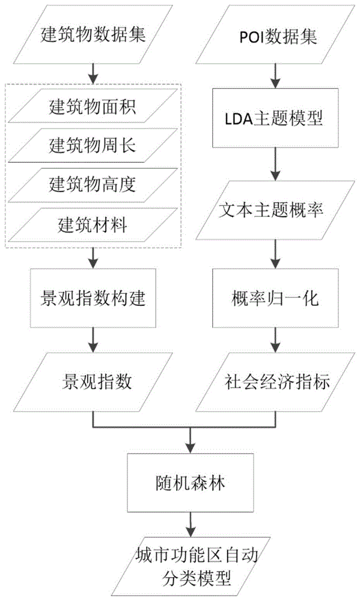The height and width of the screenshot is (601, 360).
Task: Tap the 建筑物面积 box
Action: coord(93,106)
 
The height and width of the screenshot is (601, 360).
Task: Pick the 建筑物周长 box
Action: coord(93,145)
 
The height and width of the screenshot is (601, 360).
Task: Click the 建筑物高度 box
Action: coord(93,185)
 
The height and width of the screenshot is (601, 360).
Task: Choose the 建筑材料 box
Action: coord(93,225)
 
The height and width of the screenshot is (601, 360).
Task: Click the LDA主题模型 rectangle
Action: coord(275,118)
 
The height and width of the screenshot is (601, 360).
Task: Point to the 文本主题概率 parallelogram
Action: coord(275,210)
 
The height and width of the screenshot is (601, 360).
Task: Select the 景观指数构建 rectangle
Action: coord(93,298)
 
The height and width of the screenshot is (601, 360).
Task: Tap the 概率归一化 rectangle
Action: coord(275,298)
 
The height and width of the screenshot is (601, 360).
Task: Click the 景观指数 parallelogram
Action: coord(93,382)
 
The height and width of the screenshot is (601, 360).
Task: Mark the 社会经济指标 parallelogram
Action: coord(275,382)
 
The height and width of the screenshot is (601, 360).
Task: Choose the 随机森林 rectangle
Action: coord(191,483)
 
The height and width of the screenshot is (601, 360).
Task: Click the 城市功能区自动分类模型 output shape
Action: coord(191,567)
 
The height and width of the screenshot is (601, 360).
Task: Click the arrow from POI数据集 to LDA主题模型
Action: coord(275,76)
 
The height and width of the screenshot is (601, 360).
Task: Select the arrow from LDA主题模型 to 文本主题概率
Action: coord(275,164)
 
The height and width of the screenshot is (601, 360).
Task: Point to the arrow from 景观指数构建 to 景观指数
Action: coord(93,340)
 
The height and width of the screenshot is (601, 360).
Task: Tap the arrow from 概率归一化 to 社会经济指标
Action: coord(275,340)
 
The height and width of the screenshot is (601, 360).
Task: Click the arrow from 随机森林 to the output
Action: coord(191,525)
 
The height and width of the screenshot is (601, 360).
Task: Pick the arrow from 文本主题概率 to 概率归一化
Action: coord(275,254)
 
